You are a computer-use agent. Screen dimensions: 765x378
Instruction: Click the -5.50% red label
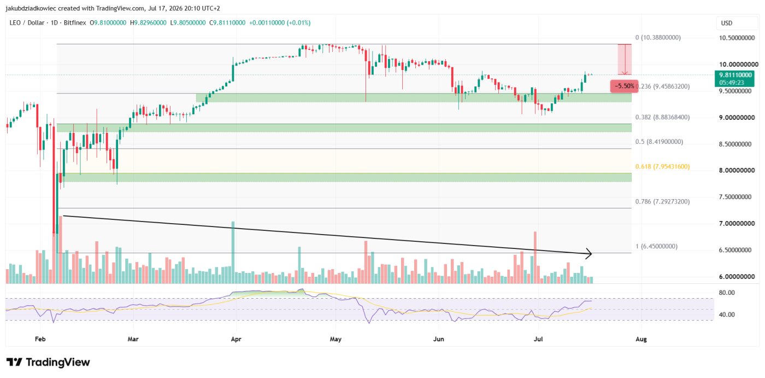(x=624, y=86)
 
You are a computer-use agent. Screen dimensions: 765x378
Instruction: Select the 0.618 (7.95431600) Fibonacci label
(x=662, y=166)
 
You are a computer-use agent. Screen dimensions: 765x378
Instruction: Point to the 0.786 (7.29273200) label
(x=662, y=202)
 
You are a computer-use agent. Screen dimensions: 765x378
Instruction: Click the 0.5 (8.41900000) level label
(x=659, y=142)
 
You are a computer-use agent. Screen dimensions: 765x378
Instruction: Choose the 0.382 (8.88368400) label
(x=662, y=117)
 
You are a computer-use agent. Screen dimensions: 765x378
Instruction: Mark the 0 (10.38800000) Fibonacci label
(x=658, y=38)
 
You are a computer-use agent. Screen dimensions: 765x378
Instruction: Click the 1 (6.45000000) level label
(x=656, y=246)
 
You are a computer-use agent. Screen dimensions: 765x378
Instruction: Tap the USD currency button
(x=727, y=23)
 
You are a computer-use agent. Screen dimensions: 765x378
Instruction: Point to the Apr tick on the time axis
(x=236, y=339)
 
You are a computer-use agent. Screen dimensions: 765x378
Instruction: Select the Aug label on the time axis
(x=641, y=339)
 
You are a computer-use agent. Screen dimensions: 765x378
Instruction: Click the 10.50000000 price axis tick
(x=737, y=38)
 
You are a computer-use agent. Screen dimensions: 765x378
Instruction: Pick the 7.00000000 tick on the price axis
(x=737, y=224)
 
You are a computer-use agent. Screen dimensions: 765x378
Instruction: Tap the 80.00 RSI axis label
(x=727, y=293)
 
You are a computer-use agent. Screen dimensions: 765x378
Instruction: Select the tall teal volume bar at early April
(x=233, y=252)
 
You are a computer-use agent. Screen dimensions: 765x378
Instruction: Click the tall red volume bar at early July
(x=535, y=257)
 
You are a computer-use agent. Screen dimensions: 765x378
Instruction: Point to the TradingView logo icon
(x=15, y=362)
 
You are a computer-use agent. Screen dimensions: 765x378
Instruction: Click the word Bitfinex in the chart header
(x=75, y=23)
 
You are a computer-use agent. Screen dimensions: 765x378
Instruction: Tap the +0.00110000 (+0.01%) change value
(x=280, y=23)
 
